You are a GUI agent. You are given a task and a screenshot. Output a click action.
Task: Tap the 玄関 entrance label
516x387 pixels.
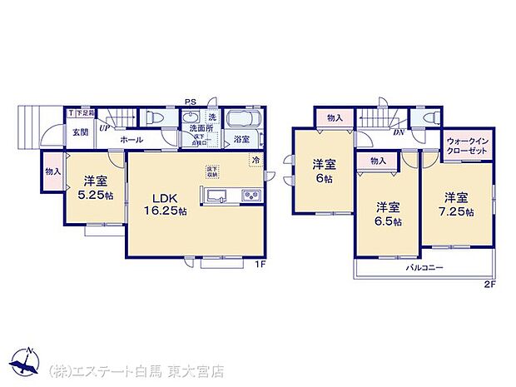(x=79, y=132)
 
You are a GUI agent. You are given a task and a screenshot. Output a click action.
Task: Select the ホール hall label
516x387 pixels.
(x=130, y=141)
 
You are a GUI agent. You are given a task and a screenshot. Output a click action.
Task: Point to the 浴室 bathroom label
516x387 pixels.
(x=242, y=140)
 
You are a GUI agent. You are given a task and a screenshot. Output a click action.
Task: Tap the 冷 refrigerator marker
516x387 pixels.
(x=256, y=159)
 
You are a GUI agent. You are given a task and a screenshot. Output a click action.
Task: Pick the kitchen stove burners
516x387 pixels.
(x=250, y=196)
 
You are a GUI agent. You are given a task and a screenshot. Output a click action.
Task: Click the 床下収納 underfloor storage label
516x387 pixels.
(x=212, y=172)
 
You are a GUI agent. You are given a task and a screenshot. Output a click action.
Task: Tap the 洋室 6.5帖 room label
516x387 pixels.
(x=386, y=214)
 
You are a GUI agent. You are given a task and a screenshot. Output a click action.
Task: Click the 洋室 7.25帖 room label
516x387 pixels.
(x=456, y=204)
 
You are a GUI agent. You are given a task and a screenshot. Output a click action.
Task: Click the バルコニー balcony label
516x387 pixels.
(x=424, y=268)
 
